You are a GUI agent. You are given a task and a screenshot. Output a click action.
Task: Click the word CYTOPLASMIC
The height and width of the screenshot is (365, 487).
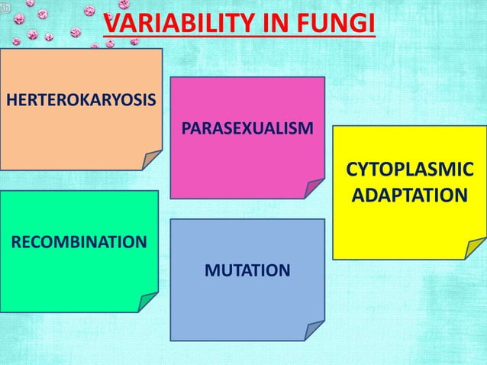pyautogui.click(x=409, y=170)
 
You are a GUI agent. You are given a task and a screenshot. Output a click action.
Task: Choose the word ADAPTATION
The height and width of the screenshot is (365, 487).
pyautogui.click(x=409, y=196)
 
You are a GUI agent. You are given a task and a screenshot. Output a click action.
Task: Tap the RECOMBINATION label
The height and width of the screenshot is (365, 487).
pyautogui.click(x=78, y=243)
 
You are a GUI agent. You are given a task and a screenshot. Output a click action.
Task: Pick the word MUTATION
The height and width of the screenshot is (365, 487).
pyautogui.click(x=247, y=270)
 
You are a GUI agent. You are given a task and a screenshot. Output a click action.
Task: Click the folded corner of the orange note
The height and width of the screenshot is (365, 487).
pyautogui.click(x=151, y=159)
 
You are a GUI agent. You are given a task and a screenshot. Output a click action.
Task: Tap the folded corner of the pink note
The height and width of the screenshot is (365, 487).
pyautogui.click(x=314, y=189)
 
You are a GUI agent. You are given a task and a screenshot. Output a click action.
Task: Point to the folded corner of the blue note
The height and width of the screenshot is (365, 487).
pyautogui.click(x=314, y=330)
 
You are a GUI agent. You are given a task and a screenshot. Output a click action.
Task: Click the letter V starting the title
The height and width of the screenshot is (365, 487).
pyautogui.click(x=111, y=24)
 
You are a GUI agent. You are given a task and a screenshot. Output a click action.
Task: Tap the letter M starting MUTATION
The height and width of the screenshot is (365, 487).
pyautogui.click(x=210, y=270)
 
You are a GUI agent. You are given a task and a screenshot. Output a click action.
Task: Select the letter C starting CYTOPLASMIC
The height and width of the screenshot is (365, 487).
pyautogui.click(x=353, y=170)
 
